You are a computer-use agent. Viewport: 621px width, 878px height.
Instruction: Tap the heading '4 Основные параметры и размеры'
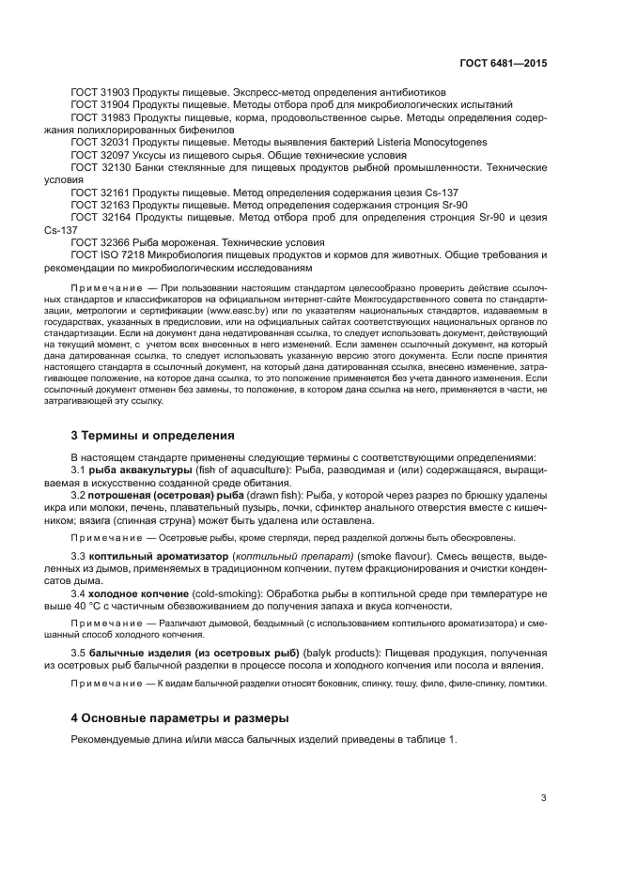coord(180,718)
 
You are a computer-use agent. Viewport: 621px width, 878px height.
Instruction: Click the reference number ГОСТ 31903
coord(101,93)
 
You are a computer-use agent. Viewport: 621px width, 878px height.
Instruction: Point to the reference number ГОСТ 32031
coord(101,142)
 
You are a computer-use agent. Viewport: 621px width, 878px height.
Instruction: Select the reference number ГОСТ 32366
coord(101,241)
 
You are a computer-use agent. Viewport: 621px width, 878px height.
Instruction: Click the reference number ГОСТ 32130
coord(101,166)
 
